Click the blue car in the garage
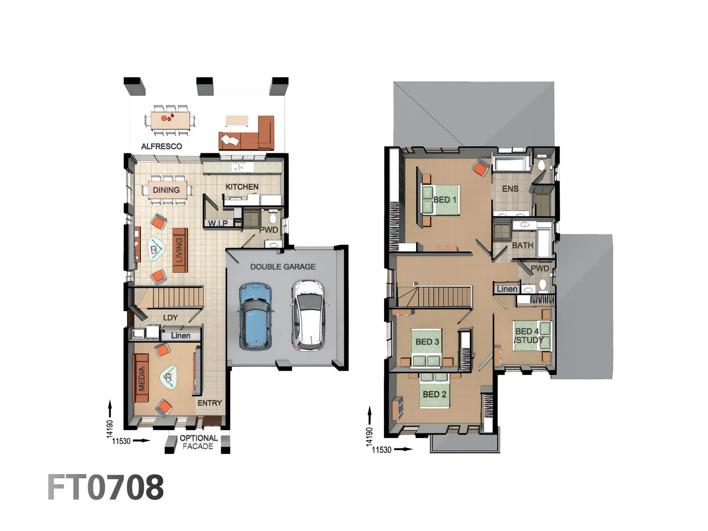coord(256,316)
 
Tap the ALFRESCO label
coord(161,146)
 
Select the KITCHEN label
coord(241,187)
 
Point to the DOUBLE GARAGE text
coord(283,266)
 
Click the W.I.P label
coord(218,223)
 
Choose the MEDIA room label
coord(142,379)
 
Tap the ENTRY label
coord(209,403)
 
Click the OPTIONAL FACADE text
coord(198,442)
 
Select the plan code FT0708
coord(105,487)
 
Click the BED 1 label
coord(444,200)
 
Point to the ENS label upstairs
coord(510,188)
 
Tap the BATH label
coord(522,245)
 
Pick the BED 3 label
coord(427,341)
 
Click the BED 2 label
coord(434,394)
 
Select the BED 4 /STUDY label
coord(528,336)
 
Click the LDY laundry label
coord(170,318)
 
